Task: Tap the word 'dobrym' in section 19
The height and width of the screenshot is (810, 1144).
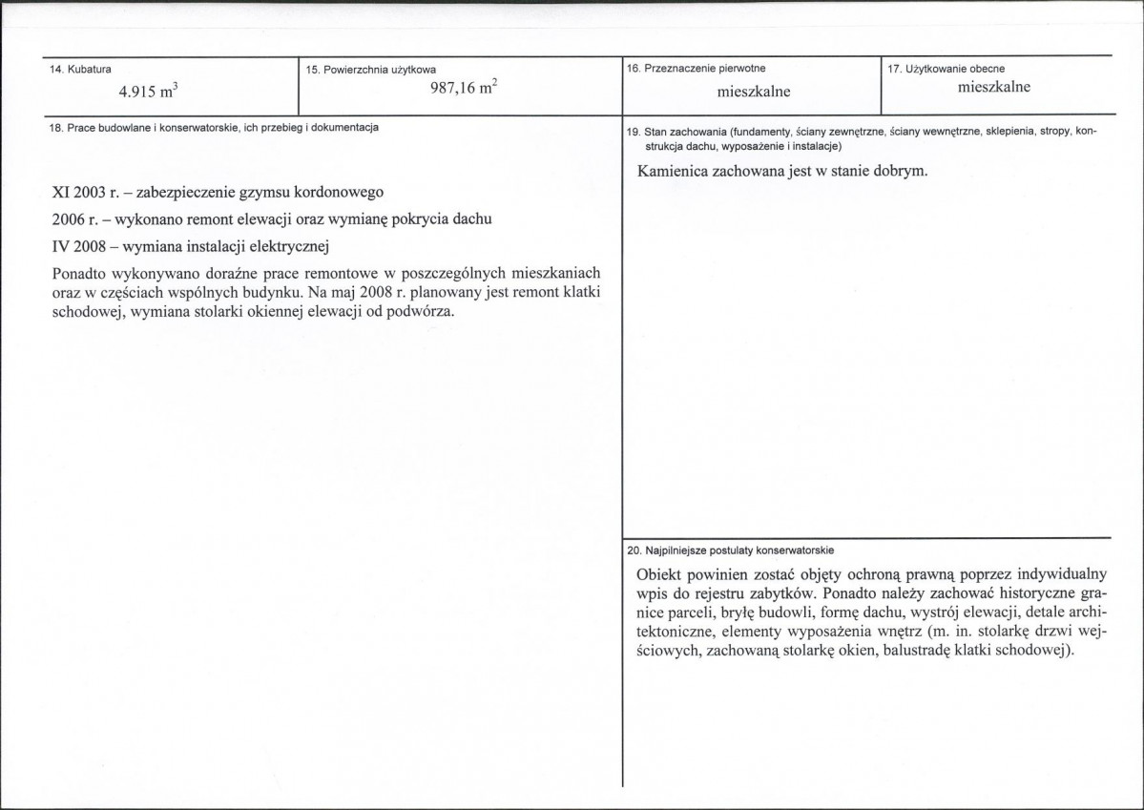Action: [x=899, y=173]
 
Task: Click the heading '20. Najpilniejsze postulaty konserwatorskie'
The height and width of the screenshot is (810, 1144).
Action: [x=731, y=550]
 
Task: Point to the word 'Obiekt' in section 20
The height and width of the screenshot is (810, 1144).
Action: [x=659, y=575]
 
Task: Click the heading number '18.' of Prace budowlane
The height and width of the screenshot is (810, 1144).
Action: [x=55, y=128]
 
